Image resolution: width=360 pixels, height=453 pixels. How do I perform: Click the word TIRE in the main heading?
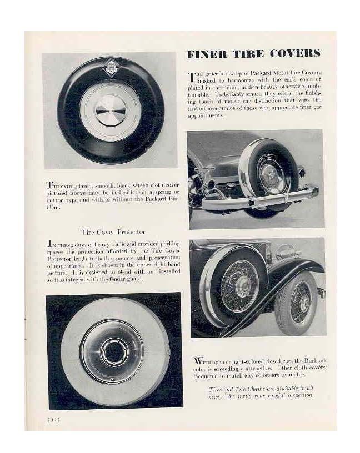(248, 54)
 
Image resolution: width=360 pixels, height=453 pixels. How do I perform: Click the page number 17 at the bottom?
(54, 420)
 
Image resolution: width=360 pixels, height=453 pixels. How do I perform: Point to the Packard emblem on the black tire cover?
(111, 68)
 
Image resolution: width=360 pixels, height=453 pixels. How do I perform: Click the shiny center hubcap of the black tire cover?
(111, 110)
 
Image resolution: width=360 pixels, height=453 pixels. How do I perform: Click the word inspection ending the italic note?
(298, 395)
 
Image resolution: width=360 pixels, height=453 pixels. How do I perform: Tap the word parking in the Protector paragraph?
(168, 244)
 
